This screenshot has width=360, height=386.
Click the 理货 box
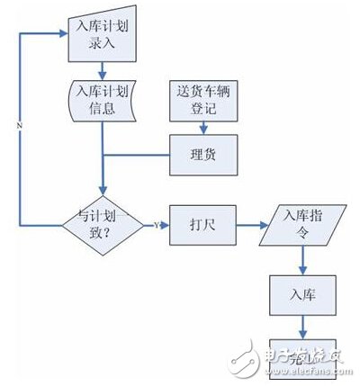coord(204,155)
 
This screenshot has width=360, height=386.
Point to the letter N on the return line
coord(19,125)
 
